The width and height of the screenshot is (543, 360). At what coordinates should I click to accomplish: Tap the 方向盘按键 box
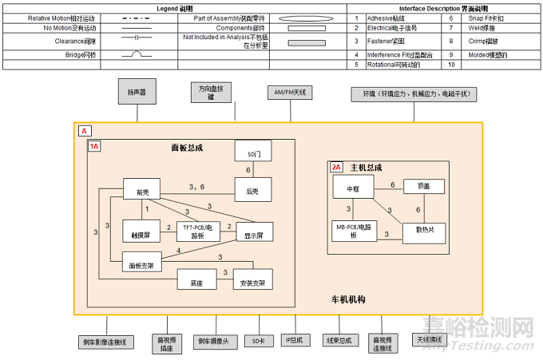tap(212, 93)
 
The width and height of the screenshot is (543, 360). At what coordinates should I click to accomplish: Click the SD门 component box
tap(252, 152)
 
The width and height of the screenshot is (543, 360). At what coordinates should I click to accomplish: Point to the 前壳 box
tap(142, 190)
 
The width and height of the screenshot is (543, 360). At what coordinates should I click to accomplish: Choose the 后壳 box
tap(253, 190)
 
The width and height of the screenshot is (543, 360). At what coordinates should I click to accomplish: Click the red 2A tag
tap(337, 168)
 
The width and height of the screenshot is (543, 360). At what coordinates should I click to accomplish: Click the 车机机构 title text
tap(348, 299)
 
